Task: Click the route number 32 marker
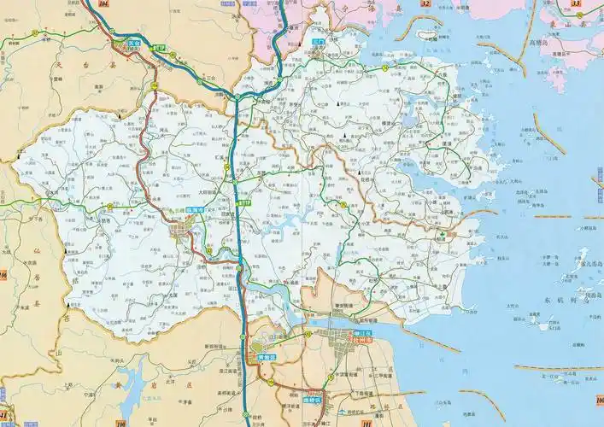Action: click(425, 5)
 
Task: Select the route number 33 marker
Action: click(576, 4)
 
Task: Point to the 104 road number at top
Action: click(104, 6)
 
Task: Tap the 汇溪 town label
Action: click(225, 158)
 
